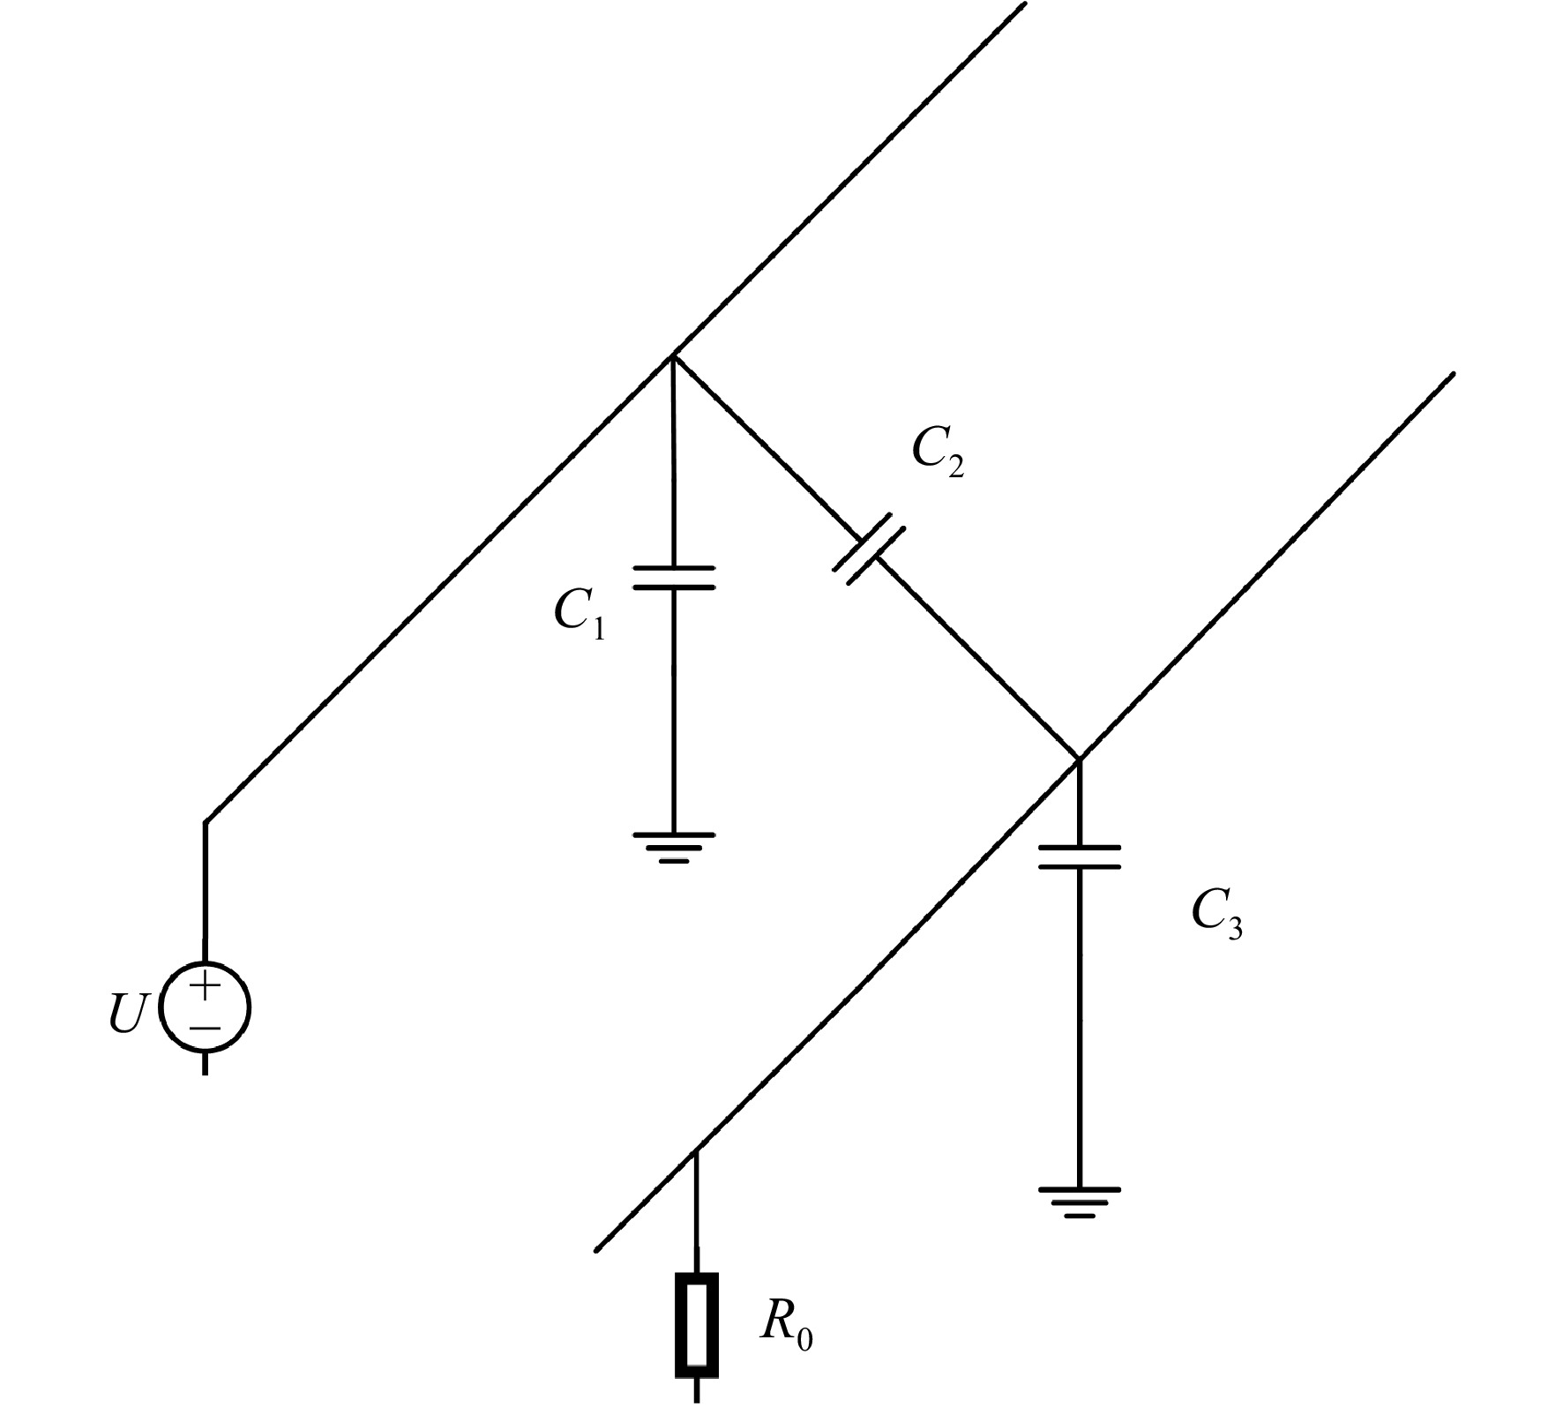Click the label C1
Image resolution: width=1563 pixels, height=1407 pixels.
pos(580,612)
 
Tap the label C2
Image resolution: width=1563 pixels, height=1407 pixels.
pos(938,453)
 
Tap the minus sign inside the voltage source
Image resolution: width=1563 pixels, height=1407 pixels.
pos(205,1028)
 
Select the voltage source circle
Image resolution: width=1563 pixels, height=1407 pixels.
pos(205,1007)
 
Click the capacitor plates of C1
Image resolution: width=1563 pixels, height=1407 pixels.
pos(674,578)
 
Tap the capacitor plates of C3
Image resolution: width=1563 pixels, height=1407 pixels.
pos(1079,857)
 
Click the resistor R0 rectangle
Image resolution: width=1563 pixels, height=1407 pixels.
pos(697,1325)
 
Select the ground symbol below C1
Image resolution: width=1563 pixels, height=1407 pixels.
pos(674,847)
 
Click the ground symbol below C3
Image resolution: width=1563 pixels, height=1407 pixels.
pos(1079,1203)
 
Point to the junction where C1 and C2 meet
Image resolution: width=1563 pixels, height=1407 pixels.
pos(674,356)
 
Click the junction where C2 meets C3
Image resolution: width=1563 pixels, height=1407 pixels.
pos(1079,759)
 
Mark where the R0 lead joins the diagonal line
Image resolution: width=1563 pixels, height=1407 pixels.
pos(697,1149)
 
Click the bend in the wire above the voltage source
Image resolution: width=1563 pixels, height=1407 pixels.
pos(206,822)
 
